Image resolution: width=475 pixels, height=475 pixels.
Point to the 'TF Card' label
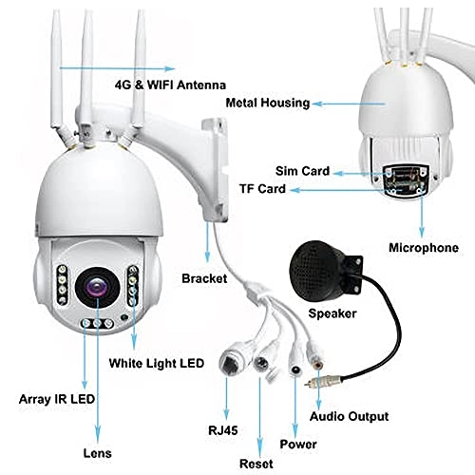click(x=263, y=190)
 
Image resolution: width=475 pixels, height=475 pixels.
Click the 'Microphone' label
click(x=423, y=248)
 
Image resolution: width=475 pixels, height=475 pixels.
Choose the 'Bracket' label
click(x=203, y=279)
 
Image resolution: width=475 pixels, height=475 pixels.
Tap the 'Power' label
click(x=297, y=443)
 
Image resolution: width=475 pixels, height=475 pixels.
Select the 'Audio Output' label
click(x=351, y=416)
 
